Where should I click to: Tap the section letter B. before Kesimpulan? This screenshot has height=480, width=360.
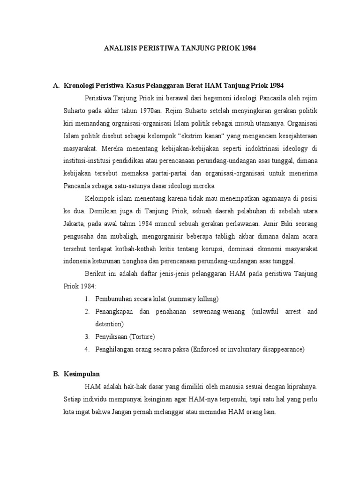pyautogui.click(x=56, y=375)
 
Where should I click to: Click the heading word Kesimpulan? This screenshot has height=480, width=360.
pyautogui.click(x=82, y=375)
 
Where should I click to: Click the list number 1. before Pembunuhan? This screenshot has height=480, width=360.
pyautogui.click(x=87, y=299)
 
